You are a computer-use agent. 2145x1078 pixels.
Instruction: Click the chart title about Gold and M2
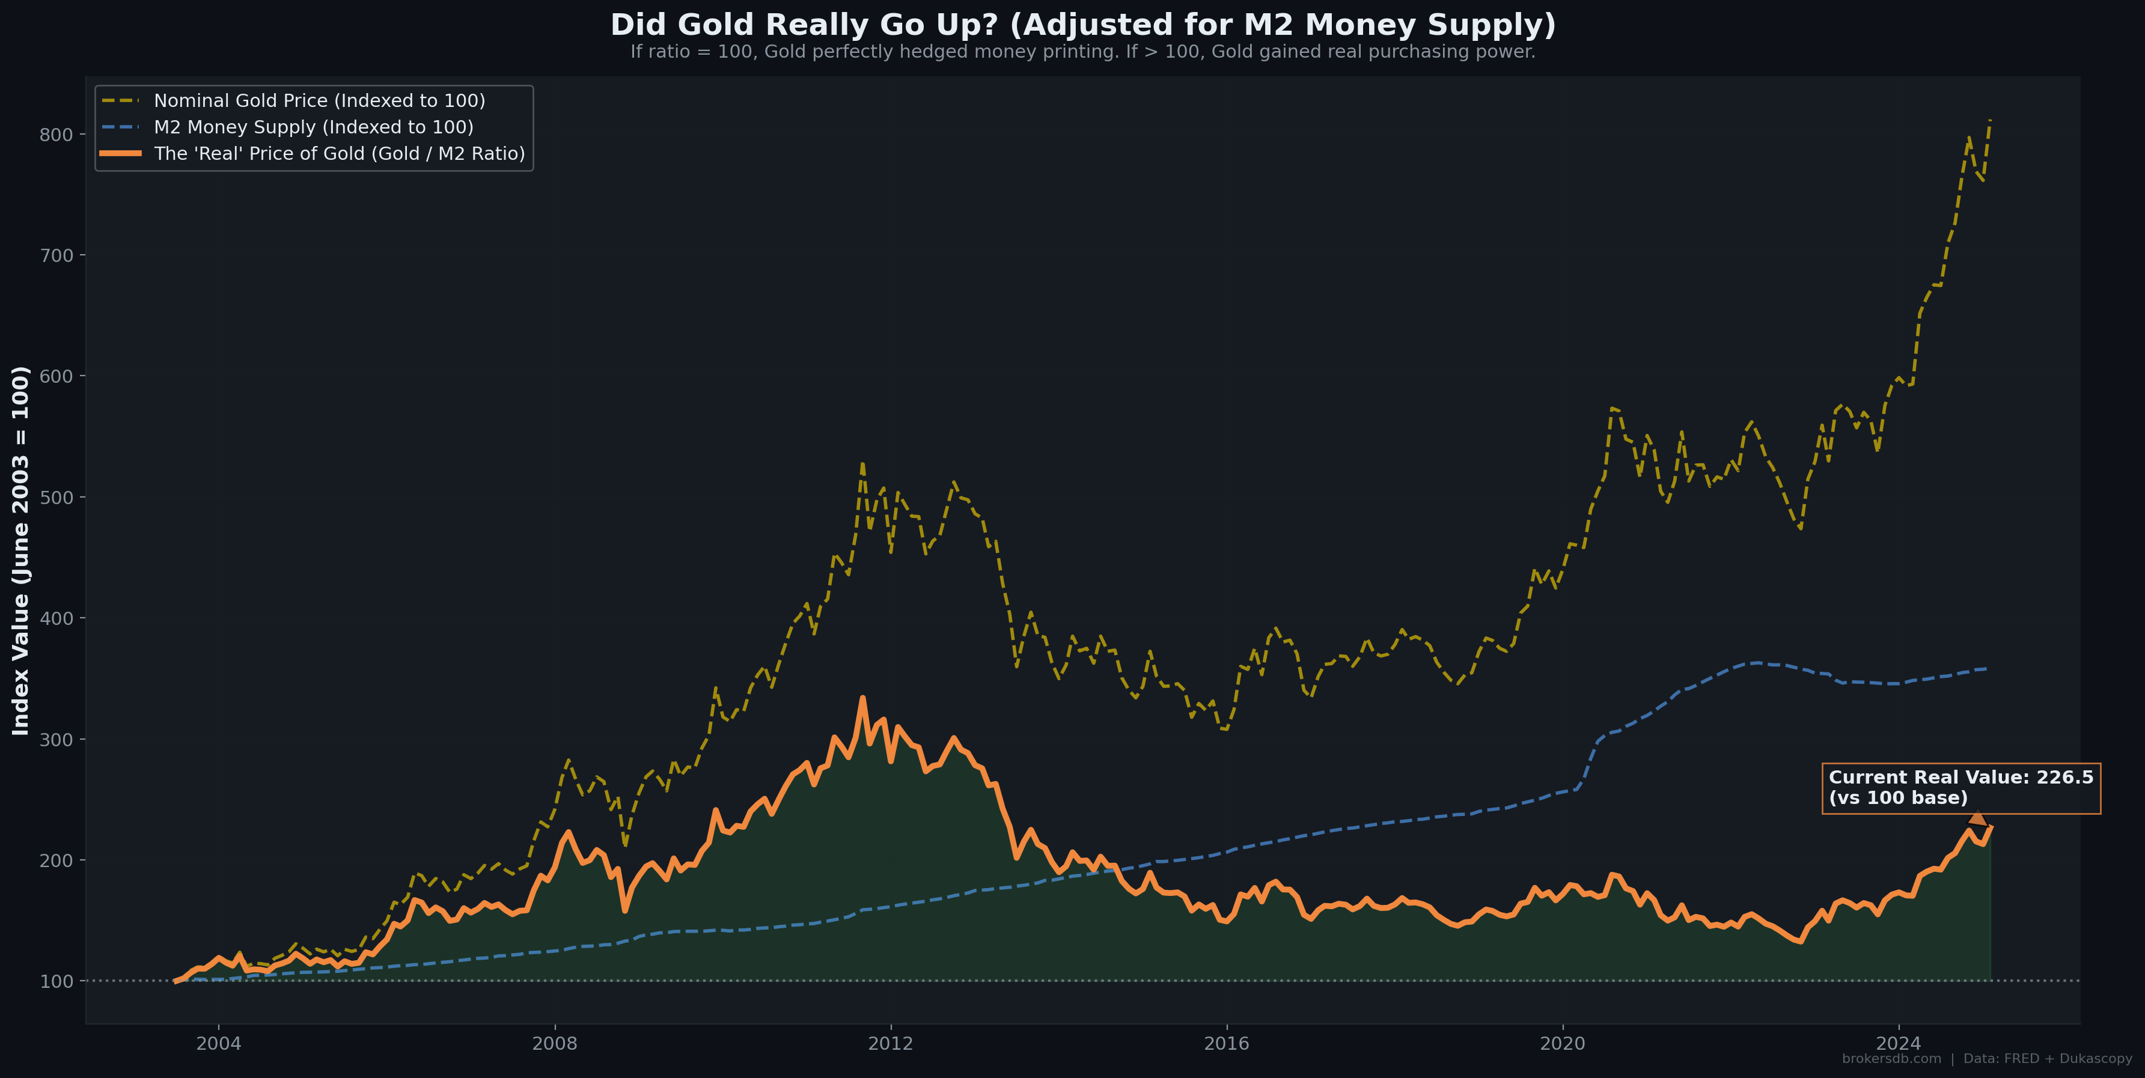coord(1082,25)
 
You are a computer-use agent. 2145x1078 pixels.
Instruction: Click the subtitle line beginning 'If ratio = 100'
coord(1082,52)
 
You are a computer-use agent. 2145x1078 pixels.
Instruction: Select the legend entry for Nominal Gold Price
coord(319,101)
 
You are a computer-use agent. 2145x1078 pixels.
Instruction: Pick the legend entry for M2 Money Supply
coord(313,127)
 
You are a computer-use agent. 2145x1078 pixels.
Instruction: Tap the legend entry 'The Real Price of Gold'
coord(339,154)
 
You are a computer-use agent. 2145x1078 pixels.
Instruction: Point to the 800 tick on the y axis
coord(56,135)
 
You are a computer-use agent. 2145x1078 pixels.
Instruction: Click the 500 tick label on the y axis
coord(56,498)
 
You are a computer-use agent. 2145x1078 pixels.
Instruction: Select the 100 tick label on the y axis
coord(56,981)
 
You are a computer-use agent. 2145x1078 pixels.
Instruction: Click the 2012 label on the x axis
coord(891,1044)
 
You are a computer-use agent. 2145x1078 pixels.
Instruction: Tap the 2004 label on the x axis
coord(218,1044)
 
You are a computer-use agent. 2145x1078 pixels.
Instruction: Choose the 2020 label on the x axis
coord(1563,1044)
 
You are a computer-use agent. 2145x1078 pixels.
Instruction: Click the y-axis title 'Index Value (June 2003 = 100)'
coord(21,550)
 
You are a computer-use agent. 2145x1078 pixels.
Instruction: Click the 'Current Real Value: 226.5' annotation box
coord(1961,788)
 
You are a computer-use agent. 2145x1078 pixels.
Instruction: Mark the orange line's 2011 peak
coord(862,698)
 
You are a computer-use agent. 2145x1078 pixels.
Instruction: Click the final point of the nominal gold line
coord(1989,121)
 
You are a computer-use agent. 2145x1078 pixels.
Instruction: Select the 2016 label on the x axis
coord(1227,1044)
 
